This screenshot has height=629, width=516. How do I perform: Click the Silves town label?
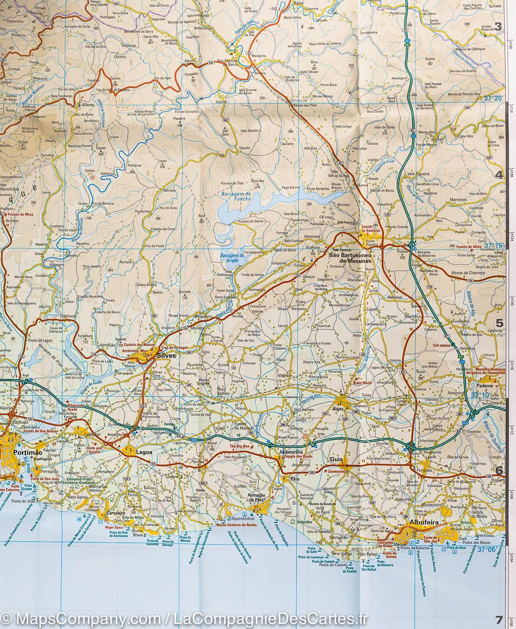tap(163, 355)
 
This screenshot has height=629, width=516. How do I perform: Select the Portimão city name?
tap(26, 453)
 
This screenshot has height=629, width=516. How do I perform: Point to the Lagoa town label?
tap(143, 452)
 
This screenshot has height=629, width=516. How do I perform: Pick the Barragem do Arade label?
tap(229, 257)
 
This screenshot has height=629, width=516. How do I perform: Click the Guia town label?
tap(336, 459)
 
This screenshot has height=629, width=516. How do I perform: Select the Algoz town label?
tap(338, 408)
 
